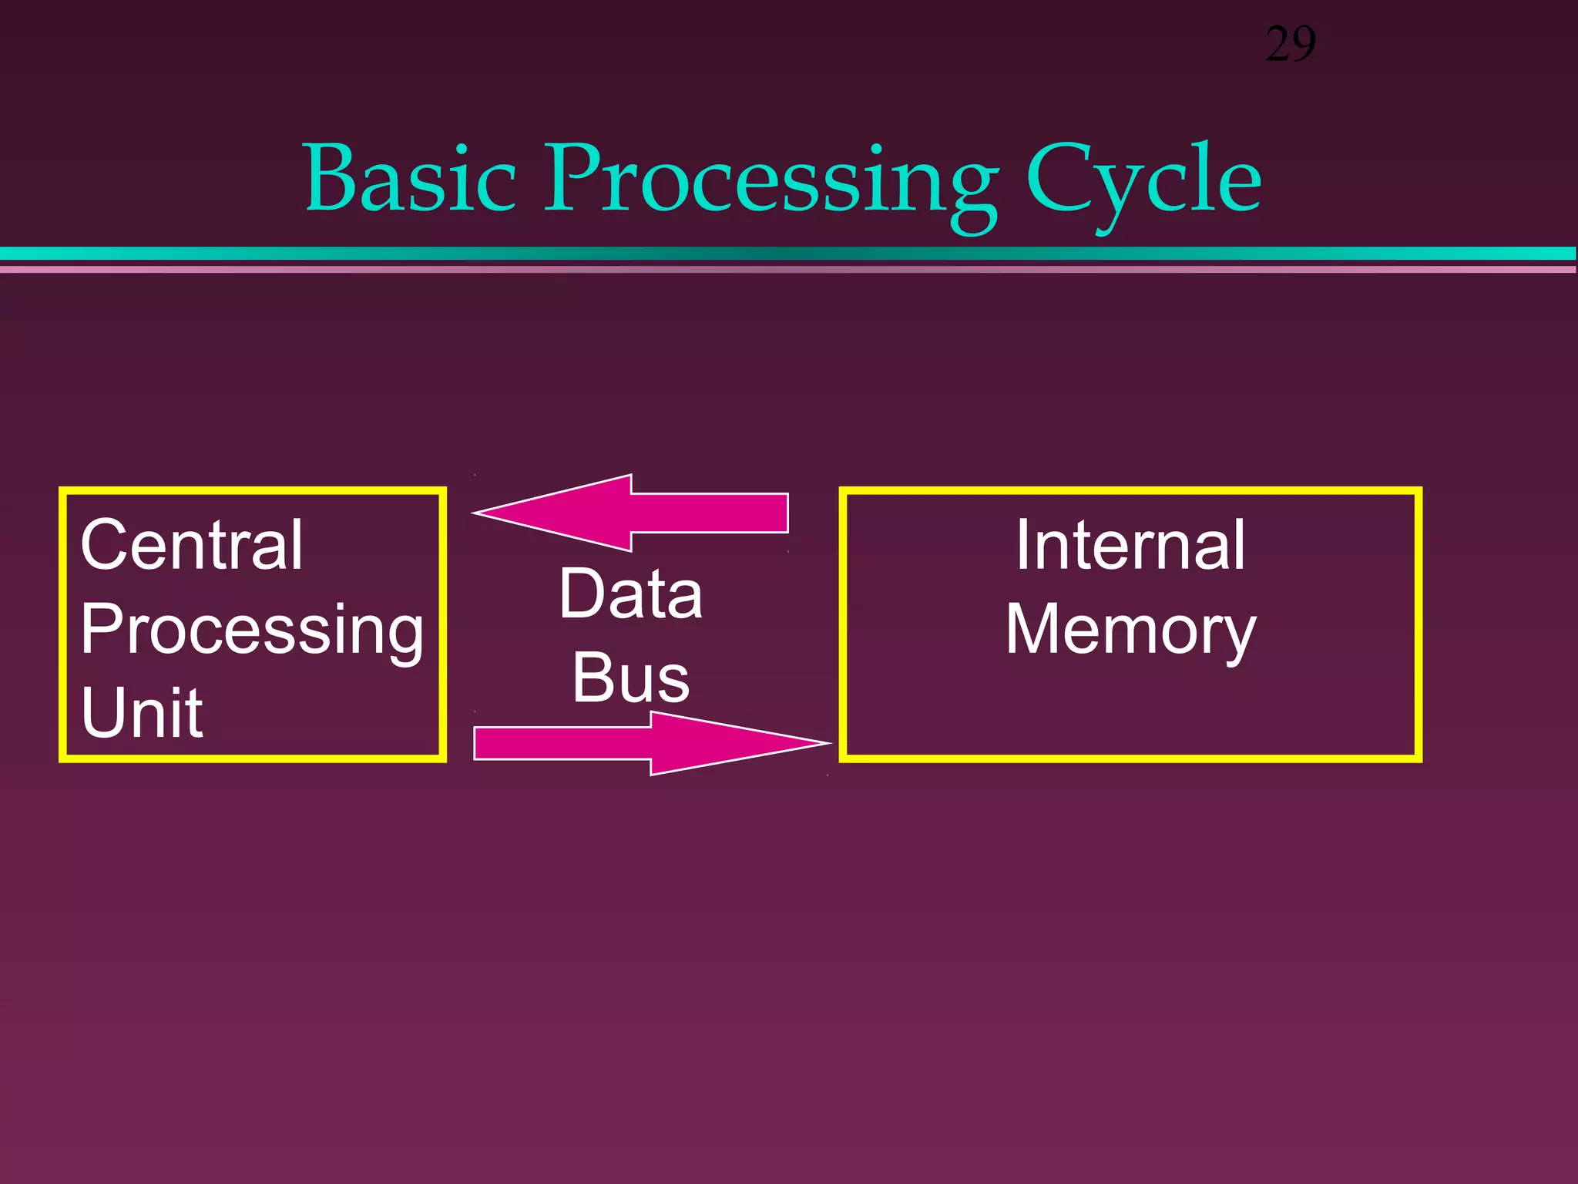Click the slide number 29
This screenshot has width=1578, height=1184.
1291,45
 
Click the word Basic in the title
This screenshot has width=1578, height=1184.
410,179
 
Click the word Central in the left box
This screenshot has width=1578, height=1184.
192,545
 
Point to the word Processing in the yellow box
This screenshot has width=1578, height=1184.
252,629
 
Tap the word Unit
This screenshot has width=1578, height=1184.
142,712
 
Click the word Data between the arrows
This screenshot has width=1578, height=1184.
630,594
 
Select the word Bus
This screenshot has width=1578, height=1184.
630,678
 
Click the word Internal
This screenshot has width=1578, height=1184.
1130,545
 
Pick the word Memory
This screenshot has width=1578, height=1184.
1130,631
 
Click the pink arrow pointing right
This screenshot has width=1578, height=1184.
632,743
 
